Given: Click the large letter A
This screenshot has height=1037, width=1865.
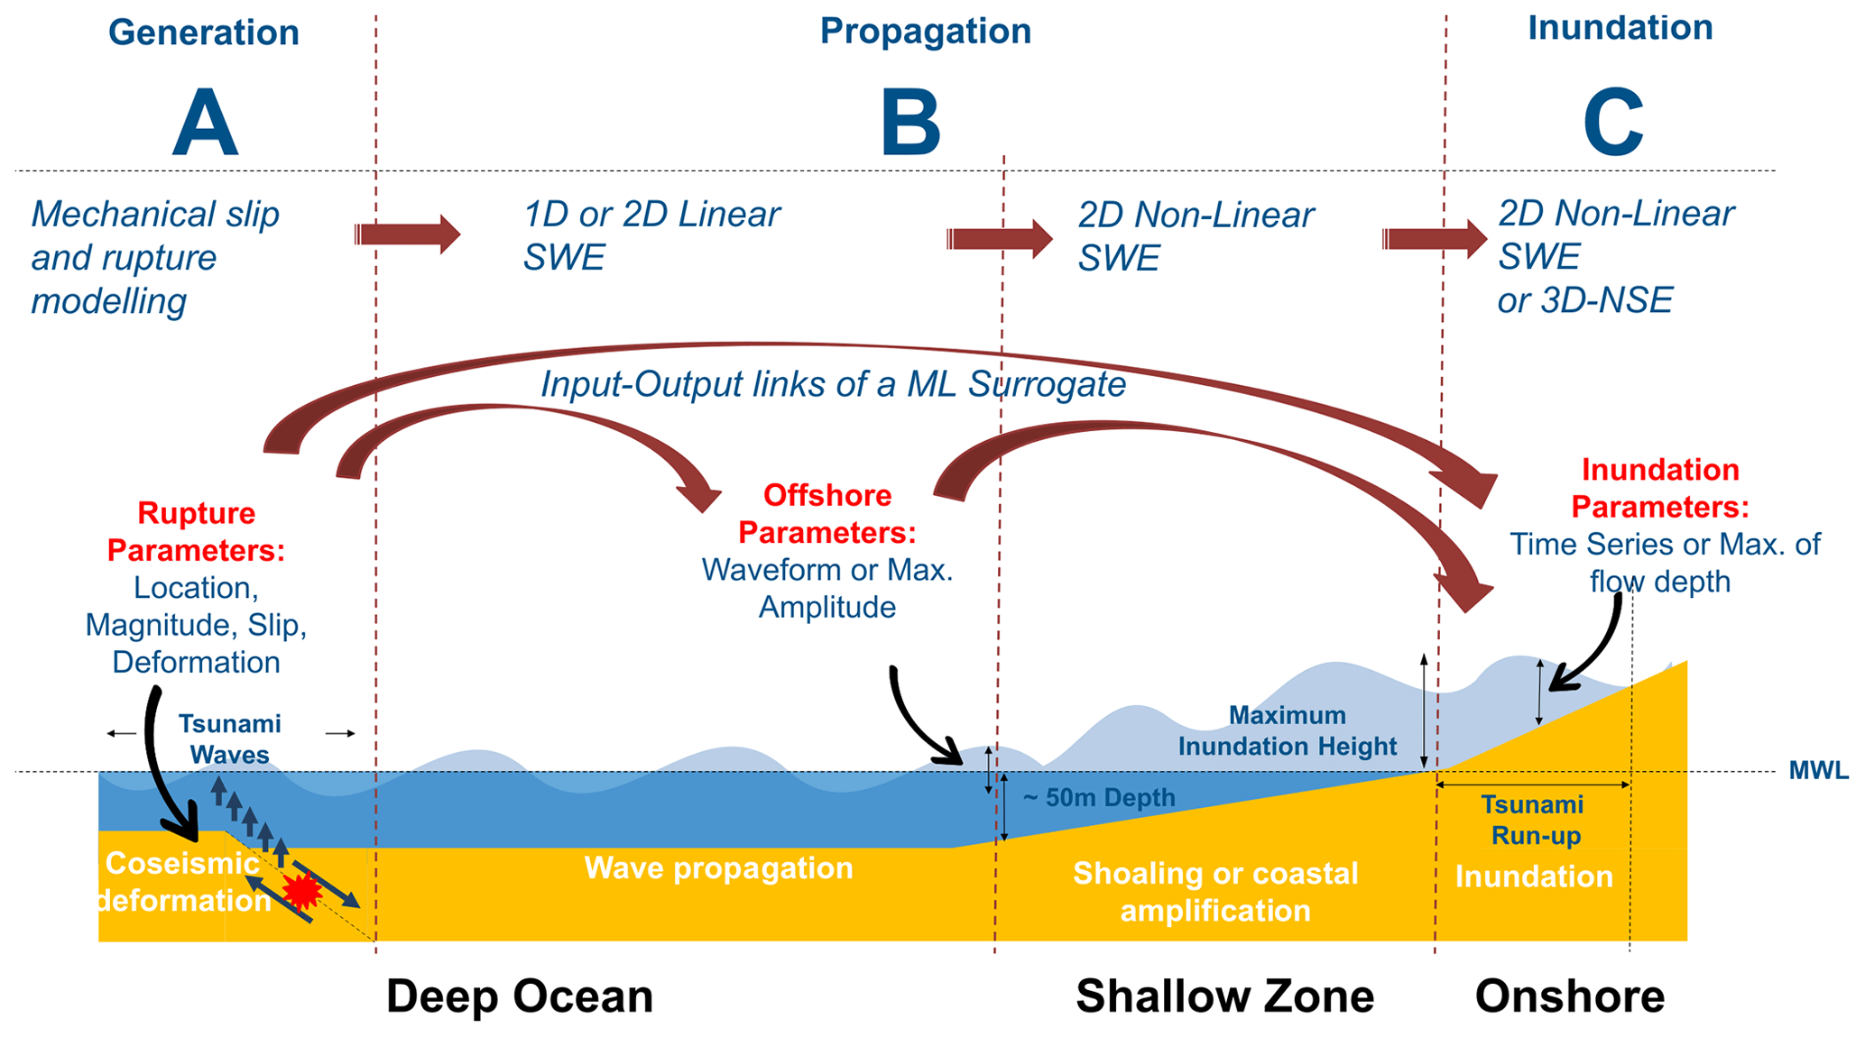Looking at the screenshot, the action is pos(205,124).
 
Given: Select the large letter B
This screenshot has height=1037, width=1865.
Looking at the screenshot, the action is pos(910,124).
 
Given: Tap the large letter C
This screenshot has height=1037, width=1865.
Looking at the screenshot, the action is pos(1613,124).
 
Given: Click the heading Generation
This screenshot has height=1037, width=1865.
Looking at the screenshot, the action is pos(204,32).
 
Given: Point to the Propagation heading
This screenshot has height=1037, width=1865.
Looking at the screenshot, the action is pos(925,32).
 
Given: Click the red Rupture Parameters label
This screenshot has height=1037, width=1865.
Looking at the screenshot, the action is pos(196,532).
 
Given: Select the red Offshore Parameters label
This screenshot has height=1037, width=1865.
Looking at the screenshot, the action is pos(827,514).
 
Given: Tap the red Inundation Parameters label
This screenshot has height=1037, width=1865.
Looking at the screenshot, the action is pos(1660,488).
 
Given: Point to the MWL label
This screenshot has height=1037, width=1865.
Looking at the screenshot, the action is pos(1818,771).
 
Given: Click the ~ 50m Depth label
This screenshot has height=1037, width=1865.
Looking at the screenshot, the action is pos(1099,798).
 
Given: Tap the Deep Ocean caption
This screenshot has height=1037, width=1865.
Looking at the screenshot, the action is pos(520,996).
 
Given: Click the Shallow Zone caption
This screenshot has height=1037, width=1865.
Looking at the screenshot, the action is pos(1225,996).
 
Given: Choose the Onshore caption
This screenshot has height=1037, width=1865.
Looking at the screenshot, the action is pos(1570,996).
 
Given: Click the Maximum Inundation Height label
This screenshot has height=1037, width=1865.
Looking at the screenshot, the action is pos(1288,730).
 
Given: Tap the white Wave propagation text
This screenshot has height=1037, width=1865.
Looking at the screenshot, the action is pos(719,867).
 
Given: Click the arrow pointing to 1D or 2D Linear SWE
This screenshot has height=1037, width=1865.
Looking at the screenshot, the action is pos(408,234).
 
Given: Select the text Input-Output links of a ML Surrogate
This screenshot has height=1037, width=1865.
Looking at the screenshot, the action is pos(833,384).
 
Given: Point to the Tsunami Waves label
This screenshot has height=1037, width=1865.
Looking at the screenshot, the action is pos(229,739).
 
